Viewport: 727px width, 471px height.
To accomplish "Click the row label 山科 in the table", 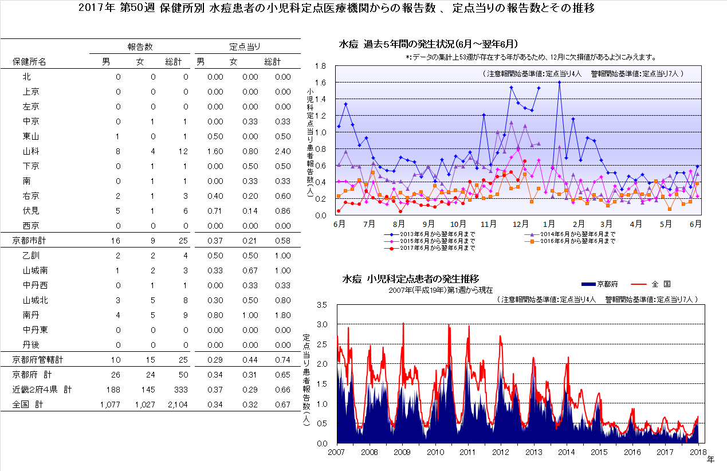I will click(31, 151).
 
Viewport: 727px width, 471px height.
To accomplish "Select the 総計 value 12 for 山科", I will click(182, 151).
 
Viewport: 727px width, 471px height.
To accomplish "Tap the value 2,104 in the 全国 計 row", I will click(176, 405).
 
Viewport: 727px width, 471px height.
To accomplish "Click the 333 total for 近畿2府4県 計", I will click(180, 390).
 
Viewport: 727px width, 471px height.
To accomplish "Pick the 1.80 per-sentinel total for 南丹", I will click(282, 315).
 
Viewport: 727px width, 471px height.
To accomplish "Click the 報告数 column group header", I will click(140, 47).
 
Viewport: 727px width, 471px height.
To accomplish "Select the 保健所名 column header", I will click(30, 62).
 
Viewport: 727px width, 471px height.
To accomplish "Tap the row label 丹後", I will click(31, 345).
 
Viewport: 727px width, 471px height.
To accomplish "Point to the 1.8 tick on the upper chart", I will click(320, 66).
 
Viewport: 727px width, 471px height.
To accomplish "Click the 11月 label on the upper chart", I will click(488, 223).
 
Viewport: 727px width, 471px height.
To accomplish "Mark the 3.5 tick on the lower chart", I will click(321, 305).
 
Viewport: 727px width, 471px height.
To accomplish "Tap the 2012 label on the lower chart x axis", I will click(501, 452).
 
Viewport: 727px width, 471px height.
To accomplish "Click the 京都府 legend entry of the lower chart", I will click(599, 284).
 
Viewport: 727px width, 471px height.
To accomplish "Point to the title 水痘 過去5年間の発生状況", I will click(429, 44).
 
